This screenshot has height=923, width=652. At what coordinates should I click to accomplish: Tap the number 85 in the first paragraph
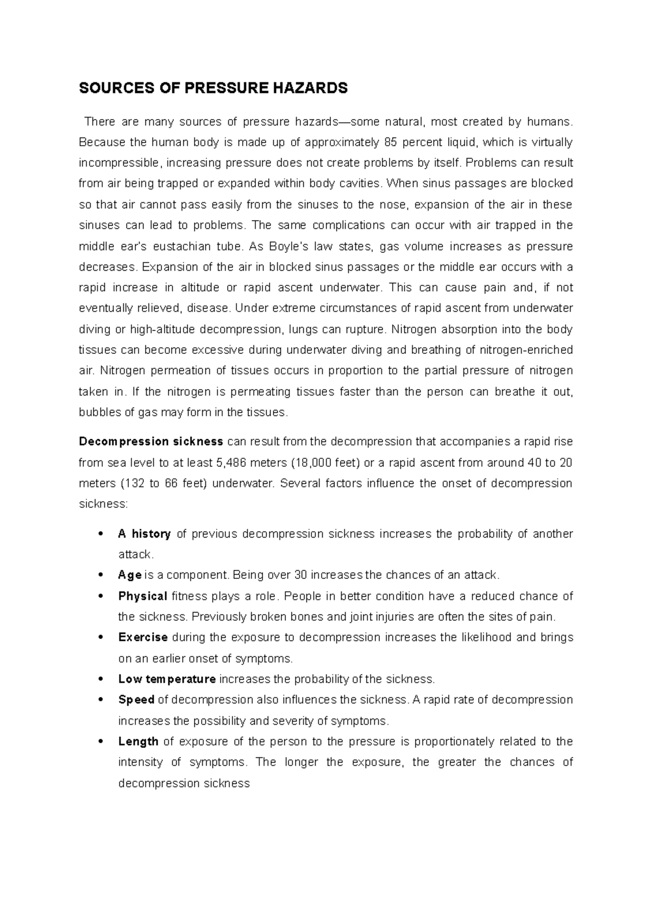pos(390,142)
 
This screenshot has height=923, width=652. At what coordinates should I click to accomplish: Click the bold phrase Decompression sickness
pos(151,441)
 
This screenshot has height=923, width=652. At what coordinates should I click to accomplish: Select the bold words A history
pos(144,534)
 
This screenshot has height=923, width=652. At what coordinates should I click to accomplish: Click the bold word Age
pos(130,575)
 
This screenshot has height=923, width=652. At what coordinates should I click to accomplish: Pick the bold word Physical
pos(142,596)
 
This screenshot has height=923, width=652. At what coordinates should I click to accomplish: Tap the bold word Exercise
pos(143,637)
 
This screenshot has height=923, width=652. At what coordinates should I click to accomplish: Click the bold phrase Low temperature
pos(167,679)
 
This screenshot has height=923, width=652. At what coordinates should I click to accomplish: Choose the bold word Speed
pos(136,700)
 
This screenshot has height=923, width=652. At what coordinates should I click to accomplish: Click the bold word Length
pos(138,741)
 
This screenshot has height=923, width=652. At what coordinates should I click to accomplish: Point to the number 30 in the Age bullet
pos(300,575)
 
